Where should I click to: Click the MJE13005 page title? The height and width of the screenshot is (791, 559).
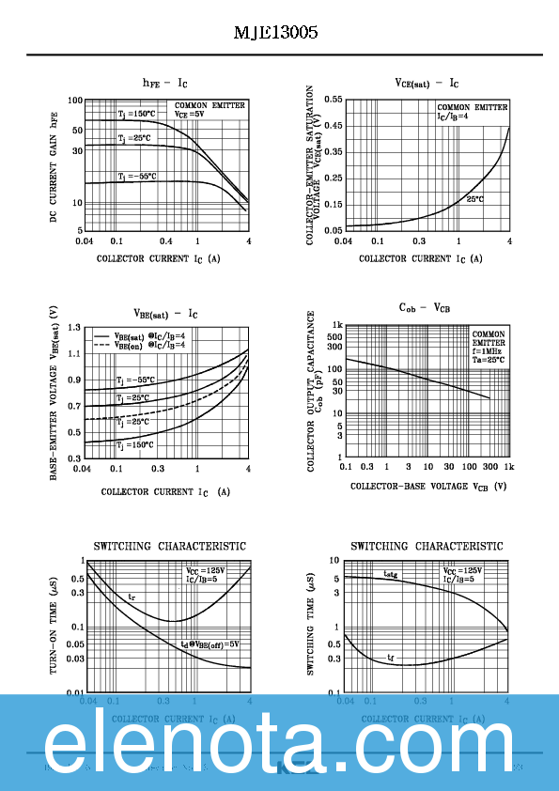coord(275,33)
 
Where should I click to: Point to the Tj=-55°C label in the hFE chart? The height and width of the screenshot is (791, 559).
coord(136,176)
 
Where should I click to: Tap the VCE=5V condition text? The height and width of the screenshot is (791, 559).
coord(189,114)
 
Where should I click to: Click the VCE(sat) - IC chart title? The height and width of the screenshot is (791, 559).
coord(426,83)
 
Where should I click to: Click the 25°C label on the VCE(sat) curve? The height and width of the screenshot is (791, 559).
coord(474,199)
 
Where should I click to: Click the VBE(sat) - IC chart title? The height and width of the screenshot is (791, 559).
coord(164,314)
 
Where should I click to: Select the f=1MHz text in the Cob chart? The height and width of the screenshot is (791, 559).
coord(487,351)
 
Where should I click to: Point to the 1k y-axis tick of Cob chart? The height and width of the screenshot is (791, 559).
coord(335,325)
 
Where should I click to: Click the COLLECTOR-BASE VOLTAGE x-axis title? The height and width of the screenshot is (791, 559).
coord(428,487)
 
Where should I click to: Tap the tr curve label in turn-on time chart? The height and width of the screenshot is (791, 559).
coord(132,597)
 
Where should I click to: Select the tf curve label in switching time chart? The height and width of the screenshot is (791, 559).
coord(391,658)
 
